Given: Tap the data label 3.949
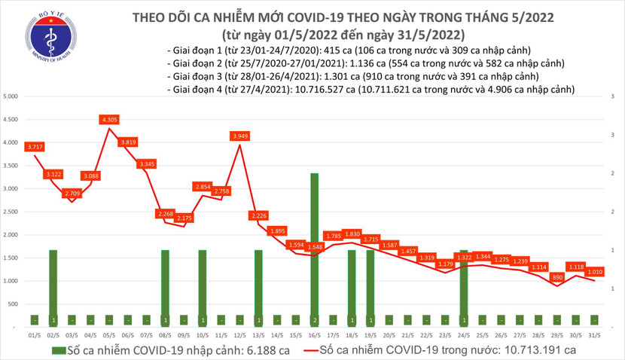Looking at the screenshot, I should [x=239, y=136].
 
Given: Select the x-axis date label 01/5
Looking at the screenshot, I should [x=35, y=334].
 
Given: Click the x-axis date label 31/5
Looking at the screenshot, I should [x=593, y=334].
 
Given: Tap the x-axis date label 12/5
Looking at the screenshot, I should [x=239, y=334].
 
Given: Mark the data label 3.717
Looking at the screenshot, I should [x=35, y=146].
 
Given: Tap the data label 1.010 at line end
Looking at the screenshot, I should [x=594, y=272].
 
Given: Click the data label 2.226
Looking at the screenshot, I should [x=258, y=215].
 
